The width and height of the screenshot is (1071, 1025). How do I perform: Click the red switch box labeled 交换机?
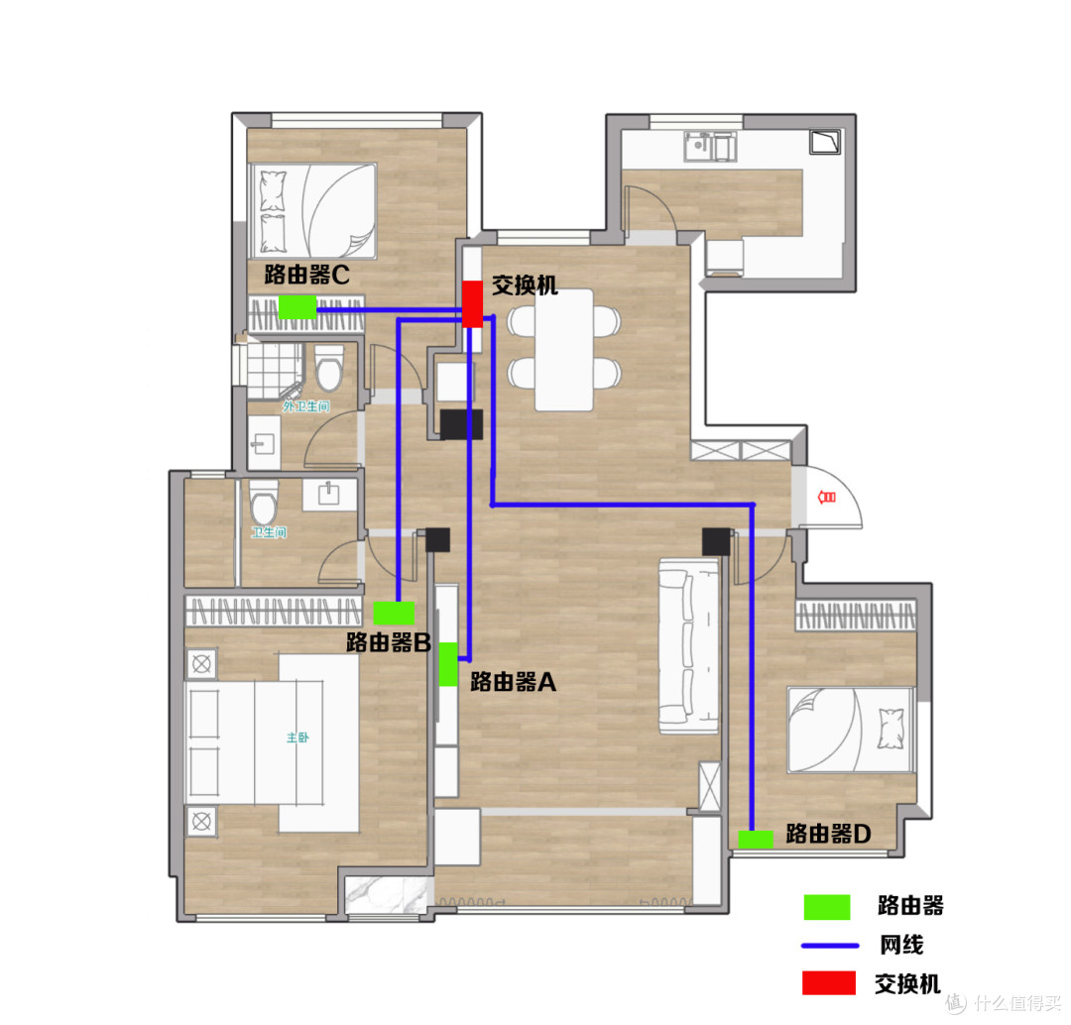473,304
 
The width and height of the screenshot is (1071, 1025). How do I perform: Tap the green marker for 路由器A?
448,663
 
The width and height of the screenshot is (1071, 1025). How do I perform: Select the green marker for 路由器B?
394,612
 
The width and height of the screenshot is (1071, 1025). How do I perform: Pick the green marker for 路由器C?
297,306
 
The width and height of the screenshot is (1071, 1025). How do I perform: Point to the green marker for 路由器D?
756,839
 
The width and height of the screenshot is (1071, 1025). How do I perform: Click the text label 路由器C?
306,275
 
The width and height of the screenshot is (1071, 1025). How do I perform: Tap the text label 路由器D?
828,835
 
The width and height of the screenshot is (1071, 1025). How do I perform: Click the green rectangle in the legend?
827,906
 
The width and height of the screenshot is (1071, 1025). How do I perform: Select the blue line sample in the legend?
827,945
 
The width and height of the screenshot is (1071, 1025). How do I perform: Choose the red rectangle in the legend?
827,982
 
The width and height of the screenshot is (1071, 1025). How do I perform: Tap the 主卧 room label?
297,738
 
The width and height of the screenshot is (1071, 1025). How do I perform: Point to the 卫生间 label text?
269,532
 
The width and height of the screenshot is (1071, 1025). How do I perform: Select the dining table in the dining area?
563,348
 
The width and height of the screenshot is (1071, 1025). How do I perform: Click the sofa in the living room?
688,645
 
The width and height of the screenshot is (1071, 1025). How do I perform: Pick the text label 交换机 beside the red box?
525,285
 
